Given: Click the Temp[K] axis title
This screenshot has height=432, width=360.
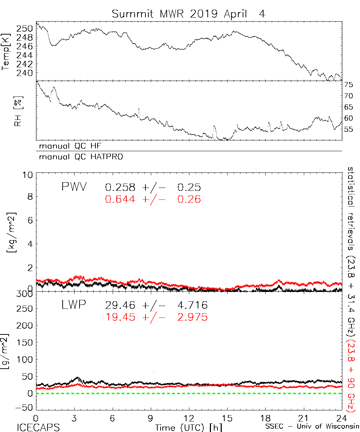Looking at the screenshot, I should point(6,52).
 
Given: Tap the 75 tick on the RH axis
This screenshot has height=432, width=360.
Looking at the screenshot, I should point(348,85).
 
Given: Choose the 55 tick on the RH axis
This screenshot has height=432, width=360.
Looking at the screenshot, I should point(348,130).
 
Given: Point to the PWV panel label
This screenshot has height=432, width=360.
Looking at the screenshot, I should point(74,187).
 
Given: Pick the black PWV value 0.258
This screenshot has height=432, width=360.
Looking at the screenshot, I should point(120,188).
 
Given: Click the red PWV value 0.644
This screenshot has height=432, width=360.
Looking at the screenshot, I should point(120,199).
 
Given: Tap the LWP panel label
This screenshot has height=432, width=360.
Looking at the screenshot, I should point(73,306).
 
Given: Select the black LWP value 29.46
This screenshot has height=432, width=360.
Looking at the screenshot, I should point(120,306).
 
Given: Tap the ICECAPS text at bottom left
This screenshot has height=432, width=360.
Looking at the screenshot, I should point(38,427).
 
